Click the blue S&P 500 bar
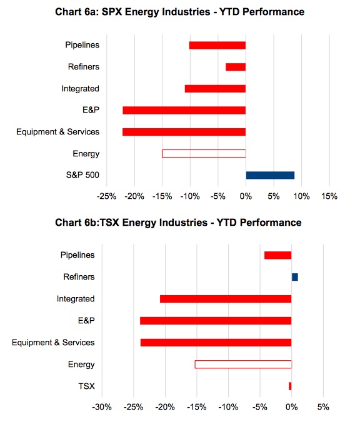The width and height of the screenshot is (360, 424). [270, 175]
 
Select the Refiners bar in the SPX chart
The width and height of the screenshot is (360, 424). [236, 67]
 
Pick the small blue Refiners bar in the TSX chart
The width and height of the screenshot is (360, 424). [295, 277]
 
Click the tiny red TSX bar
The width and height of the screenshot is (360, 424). [290, 386]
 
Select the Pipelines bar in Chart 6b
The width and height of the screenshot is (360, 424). [278, 255]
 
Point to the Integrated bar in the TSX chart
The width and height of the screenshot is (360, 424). [226, 299]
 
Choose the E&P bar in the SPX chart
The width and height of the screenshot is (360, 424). [184, 110]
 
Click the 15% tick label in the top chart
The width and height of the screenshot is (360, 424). [329, 196]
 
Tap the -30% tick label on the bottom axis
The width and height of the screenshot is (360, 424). [102, 406]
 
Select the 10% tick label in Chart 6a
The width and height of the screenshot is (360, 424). [302, 196]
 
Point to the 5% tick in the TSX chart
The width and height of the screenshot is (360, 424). [323, 406]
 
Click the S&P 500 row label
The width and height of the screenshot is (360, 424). [82, 175]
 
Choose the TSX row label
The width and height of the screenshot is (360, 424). [86, 386]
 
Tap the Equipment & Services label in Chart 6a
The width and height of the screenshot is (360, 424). [58, 132]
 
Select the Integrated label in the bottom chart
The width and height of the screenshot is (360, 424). [76, 299]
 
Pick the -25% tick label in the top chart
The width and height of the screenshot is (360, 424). [106, 196]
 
